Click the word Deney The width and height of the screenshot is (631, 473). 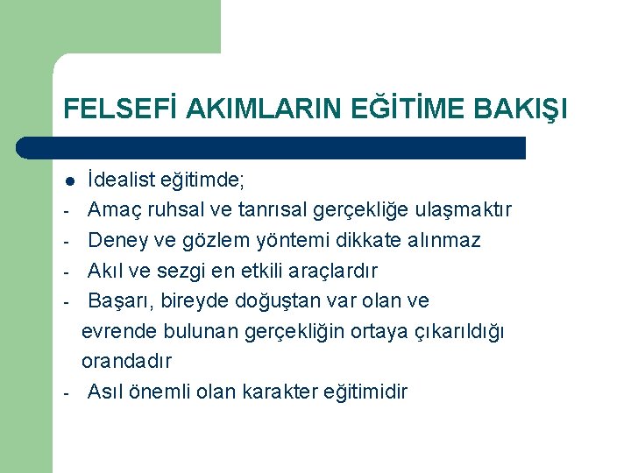click(115, 241)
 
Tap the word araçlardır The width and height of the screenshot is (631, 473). click(335, 271)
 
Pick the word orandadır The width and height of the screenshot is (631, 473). click(126, 361)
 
